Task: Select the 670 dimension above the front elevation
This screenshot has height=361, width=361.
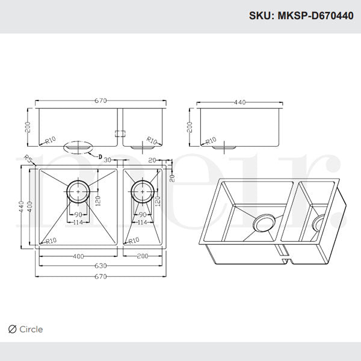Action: click(x=100, y=100)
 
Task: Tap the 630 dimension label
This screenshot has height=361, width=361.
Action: click(x=100, y=266)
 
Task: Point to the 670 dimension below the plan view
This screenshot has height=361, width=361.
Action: click(x=100, y=277)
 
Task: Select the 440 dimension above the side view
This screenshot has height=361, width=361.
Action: click(x=239, y=102)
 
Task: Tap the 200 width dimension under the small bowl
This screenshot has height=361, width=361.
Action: click(x=142, y=256)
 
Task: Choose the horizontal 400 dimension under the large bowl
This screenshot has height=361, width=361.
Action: click(x=78, y=256)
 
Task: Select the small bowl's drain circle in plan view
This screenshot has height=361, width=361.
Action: click(x=142, y=192)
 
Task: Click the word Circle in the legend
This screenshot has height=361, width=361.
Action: click(x=31, y=329)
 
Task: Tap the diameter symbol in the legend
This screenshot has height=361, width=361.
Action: click(x=12, y=329)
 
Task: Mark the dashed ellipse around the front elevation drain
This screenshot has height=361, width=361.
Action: click(x=78, y=146)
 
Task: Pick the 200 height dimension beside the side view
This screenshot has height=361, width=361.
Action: click(x=189, y=128)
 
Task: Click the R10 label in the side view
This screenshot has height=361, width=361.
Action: click(x=211, y=141)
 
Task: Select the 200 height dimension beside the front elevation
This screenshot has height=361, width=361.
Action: click(x=27, y=128)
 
